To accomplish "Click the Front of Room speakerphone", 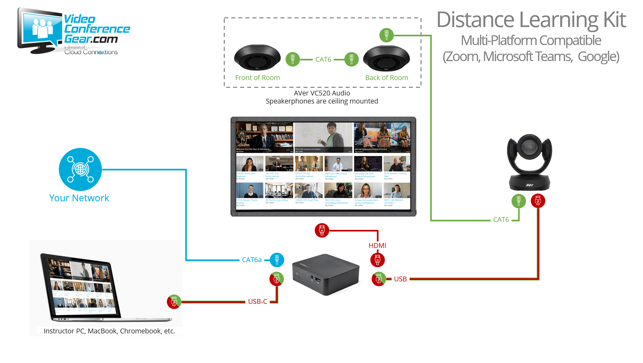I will (257, 58).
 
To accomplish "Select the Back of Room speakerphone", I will (386, 58).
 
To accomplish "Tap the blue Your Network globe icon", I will (80, 169).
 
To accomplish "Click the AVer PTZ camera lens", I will (529, 147).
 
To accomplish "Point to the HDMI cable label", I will (377, 246).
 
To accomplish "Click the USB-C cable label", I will (258, 302).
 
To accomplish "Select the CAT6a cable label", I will (252, 260).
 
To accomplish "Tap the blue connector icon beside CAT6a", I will (277, 260).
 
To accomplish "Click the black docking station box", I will (326, 274).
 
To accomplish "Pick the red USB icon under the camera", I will (538, 201).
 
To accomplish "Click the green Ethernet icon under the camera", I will (519, 201).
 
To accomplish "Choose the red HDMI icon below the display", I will (322, 231).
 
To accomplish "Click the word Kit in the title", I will (614, 20).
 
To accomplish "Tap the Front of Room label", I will (258, 78).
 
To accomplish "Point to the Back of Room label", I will (386, 78).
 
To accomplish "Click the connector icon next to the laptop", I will (174, 302).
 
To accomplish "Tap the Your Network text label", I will (79, 198).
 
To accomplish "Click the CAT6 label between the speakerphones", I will (323, 59).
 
